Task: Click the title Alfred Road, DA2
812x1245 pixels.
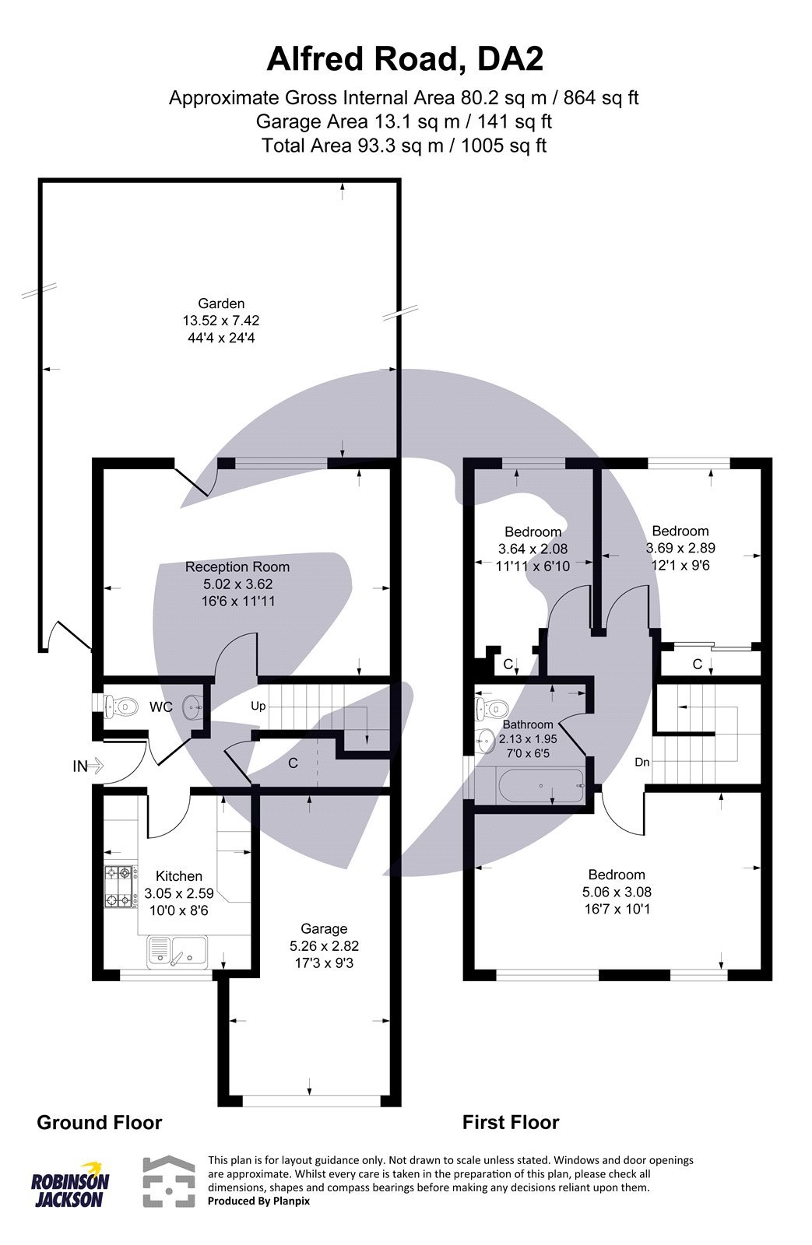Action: tap(405, 58)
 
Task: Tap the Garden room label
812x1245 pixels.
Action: tap(221, 303)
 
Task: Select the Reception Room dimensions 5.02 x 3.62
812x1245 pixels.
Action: tap(237, 584)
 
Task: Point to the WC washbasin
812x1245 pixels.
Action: tap(192, 707)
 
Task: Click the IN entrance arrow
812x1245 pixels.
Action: tap(89, 766)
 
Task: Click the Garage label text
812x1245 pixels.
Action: tap(324, 928)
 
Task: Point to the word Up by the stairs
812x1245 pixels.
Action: tap(258, 707)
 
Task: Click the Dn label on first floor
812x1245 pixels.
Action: tap(642, 763)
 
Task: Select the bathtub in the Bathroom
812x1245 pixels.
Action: tap(541, 787)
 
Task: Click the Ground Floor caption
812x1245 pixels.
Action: tap(100, 1122)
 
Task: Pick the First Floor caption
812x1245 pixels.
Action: tap(511, 1122)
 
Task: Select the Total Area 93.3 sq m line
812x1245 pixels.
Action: tap(405, 145)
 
